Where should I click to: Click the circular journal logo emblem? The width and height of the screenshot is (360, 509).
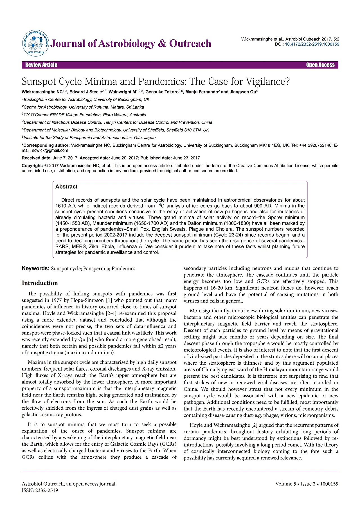35,44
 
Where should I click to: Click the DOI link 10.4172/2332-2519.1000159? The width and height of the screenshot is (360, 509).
312,44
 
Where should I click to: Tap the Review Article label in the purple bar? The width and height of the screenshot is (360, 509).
41,65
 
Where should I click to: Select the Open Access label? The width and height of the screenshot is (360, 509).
320,65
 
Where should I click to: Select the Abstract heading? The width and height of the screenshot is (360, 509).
66,187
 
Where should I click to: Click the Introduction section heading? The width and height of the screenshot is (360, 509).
40,283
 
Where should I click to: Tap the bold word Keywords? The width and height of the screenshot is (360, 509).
35,268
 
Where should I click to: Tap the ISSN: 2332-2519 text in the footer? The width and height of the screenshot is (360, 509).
40,490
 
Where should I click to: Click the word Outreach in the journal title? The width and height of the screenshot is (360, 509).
190,44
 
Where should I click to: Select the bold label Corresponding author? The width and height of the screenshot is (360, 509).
46,145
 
